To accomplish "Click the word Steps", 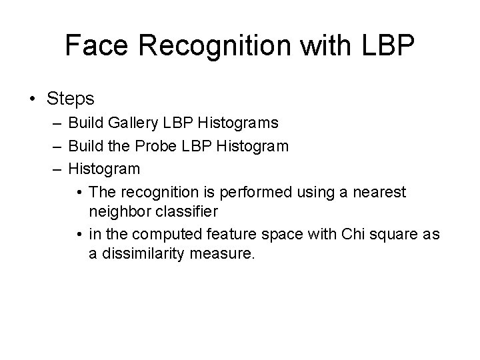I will [71, 99].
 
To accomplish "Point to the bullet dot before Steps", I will [33, 99].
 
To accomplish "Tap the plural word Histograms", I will [237, 123].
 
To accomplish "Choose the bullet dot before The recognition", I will [79, 193].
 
